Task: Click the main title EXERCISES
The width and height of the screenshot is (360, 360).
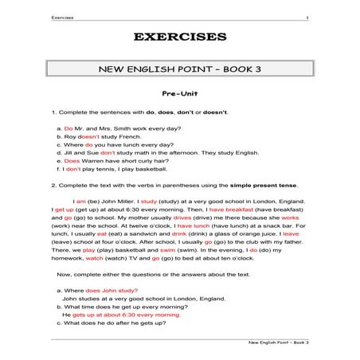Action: (x=180, y=37)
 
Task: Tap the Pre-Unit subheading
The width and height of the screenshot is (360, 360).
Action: (x=180, y=94)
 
